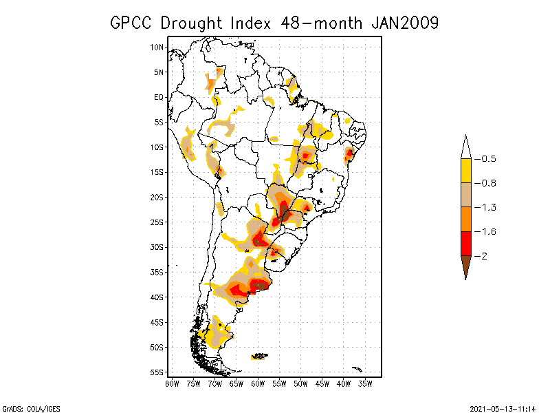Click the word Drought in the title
190,23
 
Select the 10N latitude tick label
157,47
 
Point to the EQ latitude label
159,97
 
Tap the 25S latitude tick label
157,222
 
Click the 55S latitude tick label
157,372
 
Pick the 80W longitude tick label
172,383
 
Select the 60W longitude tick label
258,383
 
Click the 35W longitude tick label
365,383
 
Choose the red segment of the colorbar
465,243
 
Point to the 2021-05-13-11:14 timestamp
503,407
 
